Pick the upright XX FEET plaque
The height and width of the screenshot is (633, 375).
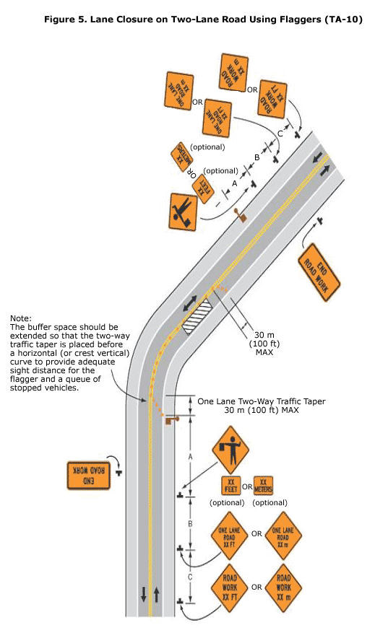[230, 486]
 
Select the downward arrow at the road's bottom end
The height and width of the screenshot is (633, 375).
[143, 595]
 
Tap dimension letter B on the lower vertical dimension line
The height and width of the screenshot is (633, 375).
[189, 523]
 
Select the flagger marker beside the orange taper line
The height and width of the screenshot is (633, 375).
[171, 419]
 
